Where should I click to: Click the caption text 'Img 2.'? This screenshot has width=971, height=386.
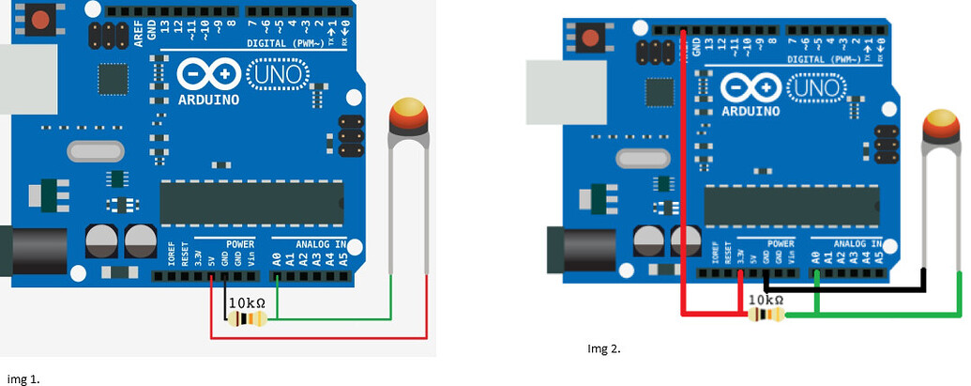click(603, 348)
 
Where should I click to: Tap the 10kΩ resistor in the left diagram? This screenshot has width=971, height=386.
click(247, 319)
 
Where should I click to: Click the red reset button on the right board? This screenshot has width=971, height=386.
click(591, 39)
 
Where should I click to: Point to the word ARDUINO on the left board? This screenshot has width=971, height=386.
click(208, 99)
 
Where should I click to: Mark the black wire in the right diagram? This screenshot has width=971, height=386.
click(844, 289)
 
